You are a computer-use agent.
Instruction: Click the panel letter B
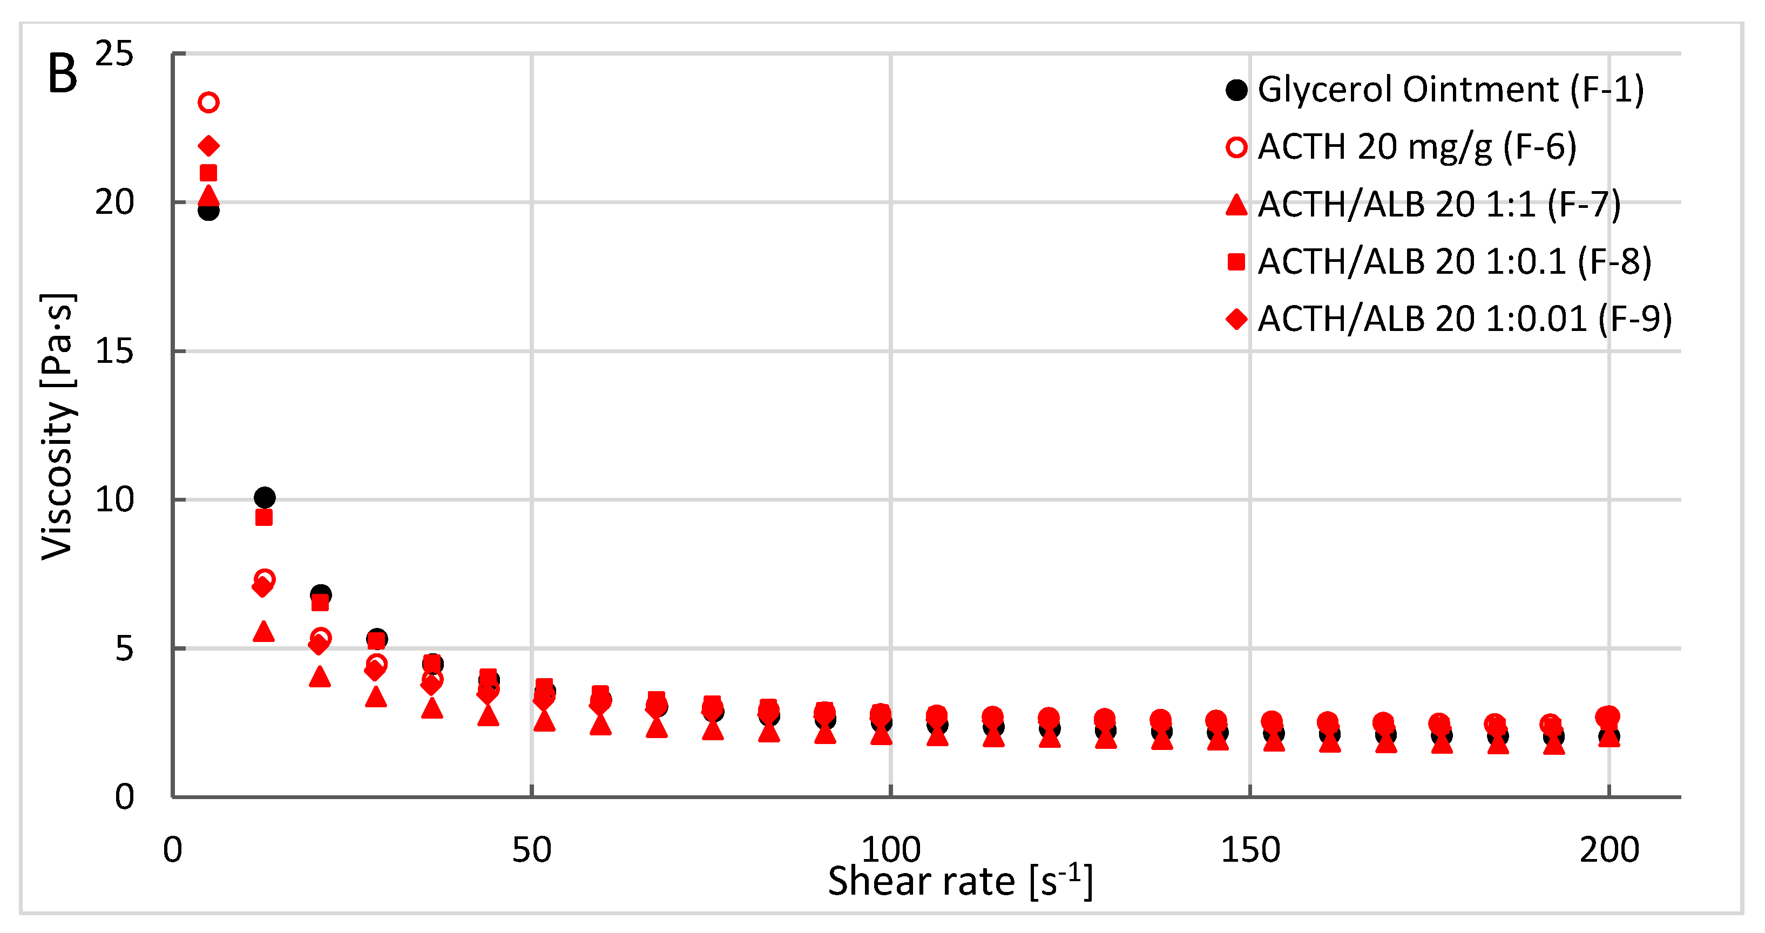(x=62, y=74)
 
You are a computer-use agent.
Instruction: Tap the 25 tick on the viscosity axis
(x=114, y=53)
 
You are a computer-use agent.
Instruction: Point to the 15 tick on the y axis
(x=114, y=351)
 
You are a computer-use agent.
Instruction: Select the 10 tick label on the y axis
(x=114, y=500)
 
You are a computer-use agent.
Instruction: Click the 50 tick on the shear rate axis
(x=531, y=850)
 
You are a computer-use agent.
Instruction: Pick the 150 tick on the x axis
(x=1250, y=850)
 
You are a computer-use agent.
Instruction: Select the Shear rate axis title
(x=959, y=881)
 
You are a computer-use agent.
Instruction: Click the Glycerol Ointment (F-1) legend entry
(x=1451, y=90)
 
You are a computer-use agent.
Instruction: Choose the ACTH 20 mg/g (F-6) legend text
(x=1416, y=147)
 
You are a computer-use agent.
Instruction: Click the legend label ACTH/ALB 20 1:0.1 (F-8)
(x=1454, y=262)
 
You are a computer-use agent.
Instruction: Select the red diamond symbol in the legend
(x=1236, y=319)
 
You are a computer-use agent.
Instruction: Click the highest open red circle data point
(x=208, y=103)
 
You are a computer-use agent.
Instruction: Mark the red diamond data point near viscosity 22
(x=208, y=146)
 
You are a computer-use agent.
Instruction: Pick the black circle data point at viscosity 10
(x=265, y=497)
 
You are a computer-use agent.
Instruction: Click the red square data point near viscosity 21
(x=208, y=173)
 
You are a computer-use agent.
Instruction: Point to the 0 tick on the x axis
(x=173, y=850)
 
